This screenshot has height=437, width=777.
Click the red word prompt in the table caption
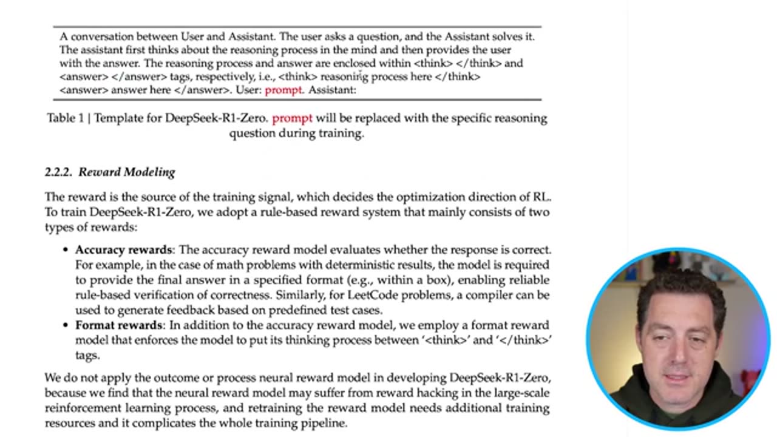(292, 118)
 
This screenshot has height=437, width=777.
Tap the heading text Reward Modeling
(127, 172)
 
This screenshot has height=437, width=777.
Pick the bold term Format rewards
(118, 325)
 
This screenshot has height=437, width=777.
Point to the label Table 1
(66, 118)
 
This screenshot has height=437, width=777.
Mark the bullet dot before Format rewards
(66, 326)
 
